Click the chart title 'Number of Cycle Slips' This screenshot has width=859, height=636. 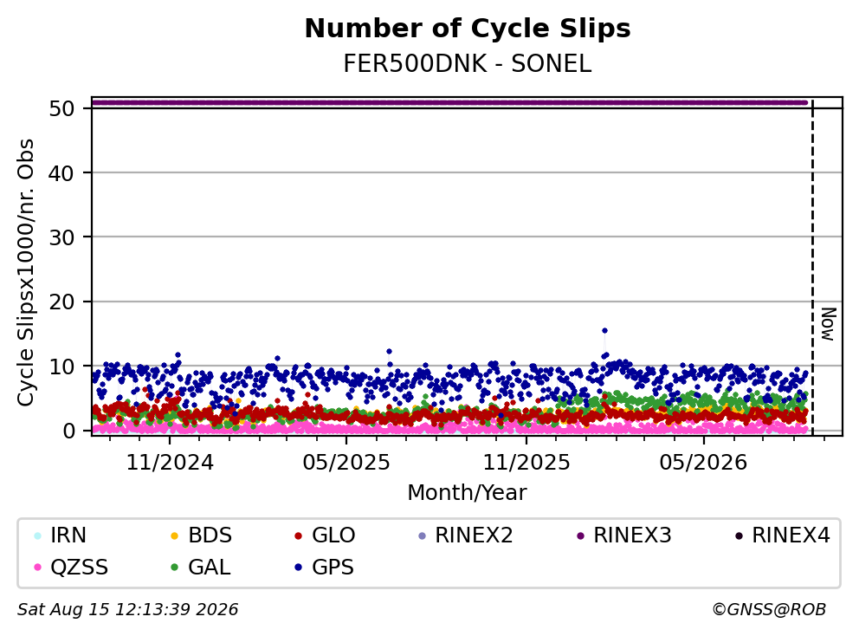tap(468, 29)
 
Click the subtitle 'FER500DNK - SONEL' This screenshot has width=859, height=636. tap(468, 64)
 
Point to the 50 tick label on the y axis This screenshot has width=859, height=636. tap(61, 108)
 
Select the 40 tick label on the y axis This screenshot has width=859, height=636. tap(61, 173)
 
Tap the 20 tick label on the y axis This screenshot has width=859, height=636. tap(61, 302)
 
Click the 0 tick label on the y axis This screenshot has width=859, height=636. tap(69, 431)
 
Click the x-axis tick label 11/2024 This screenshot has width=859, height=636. tap(170, 463)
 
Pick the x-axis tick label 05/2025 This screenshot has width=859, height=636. tap(346, 463)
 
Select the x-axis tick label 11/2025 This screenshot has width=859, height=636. tap(526, 463)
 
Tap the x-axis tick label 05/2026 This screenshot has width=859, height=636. tap(703, 463)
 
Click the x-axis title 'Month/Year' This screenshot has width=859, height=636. tap(467, 493)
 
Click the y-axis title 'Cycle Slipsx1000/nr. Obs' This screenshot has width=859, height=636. tap(26, 272)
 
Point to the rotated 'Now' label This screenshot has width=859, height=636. tap(829, 325)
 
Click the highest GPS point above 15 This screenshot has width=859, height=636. tap(604, 331)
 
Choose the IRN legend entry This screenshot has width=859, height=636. tap(61, 535)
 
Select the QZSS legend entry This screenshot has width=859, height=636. tap(71, 567)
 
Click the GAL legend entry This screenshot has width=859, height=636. tap(201, 567)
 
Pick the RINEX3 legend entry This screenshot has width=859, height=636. tap(624, 535)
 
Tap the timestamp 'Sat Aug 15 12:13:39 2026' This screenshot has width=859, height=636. tap(127, 610)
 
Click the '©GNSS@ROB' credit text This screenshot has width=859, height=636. tap(769, 610)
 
